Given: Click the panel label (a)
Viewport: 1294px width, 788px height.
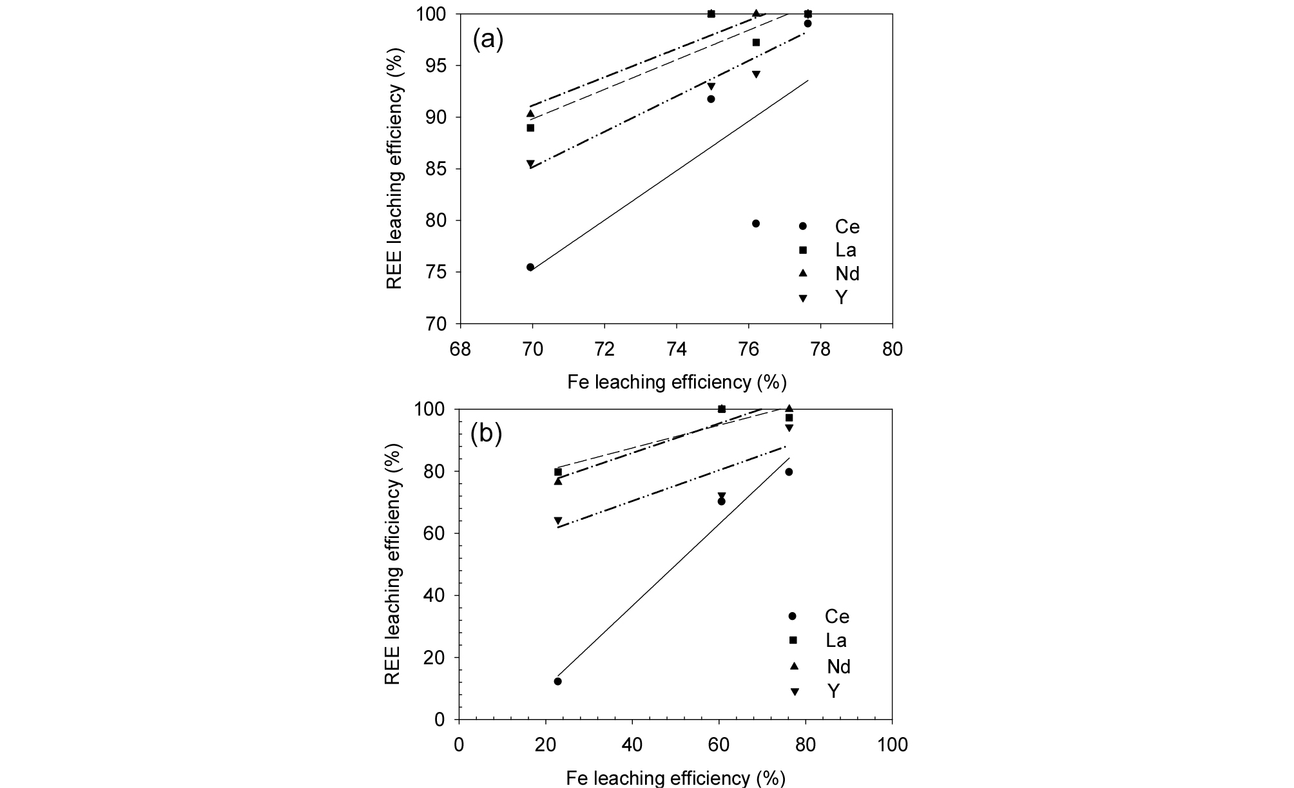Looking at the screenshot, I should pyautogui.click(x=487, y=40).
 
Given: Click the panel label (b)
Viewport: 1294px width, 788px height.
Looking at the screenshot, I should pyautogui.click(x=486, y=434).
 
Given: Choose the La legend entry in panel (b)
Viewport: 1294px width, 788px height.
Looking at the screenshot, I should pyautogui.click(x=818, y=640).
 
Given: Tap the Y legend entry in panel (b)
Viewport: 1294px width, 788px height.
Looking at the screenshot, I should pyautogui.click(x=818, y=691).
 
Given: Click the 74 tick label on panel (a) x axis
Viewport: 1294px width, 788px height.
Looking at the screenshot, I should pyautogui.click(x=676, y=349).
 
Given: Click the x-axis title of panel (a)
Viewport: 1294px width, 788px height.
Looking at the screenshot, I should pyautogui.click(x=677, y=382).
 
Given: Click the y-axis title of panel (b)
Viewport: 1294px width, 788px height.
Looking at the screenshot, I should pyautogui.click(x=393, y=564).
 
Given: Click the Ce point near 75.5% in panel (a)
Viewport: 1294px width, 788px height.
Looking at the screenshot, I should pyautogui.click(x=530, y=267).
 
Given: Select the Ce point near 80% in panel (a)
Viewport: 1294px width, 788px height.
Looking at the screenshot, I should pyautogui.click(x=756, y=224).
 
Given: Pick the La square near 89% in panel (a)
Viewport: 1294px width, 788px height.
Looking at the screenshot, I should pyautogui.click(x=530, y=128).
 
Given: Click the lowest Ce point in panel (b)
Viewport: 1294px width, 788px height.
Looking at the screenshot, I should pyautogui.click(x=557, y=681).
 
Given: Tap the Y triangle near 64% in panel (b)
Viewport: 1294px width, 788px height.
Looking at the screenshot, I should pyautogui.click(x=557, y=521).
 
